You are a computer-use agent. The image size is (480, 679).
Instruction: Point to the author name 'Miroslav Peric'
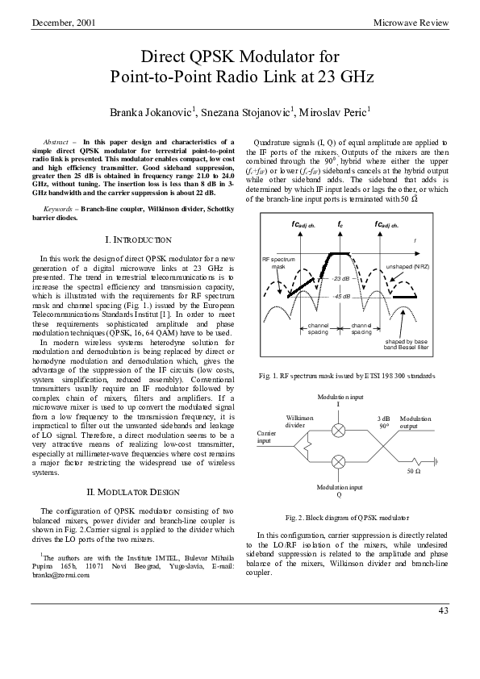coord(332,112)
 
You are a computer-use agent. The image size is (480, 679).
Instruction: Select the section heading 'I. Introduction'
coord(138,240)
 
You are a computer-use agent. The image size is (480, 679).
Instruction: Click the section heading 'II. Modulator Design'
coord(138,492)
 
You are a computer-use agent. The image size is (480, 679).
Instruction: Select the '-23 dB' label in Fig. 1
coord(341,278)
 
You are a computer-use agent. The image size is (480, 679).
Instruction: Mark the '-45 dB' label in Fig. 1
coord(341,296)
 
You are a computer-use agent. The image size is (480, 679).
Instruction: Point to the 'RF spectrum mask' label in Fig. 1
coord(278,261)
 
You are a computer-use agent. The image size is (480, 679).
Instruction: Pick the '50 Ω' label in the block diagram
coord(413,469)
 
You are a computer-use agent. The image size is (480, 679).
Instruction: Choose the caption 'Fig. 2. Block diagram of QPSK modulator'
coord(348,516)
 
